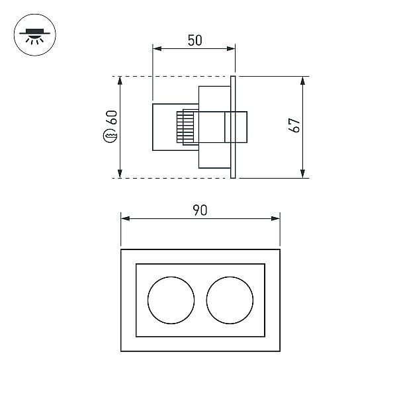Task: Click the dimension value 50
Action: point(195,40)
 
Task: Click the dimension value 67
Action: point(294,125)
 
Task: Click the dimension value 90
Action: point(200,210)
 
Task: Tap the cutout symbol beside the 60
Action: point(110,136)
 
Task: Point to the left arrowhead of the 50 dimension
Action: point(157,48)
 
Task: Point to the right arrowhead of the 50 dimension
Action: point(231,48)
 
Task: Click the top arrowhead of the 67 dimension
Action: point(302,81)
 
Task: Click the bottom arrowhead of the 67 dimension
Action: point(302,173)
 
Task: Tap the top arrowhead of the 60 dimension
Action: point(120,81)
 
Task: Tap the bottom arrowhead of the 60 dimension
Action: point(120,173)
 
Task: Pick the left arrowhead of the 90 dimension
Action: point(125,218)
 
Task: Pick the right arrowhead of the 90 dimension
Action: point(275,218)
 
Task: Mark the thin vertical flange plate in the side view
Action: point(233,127)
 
